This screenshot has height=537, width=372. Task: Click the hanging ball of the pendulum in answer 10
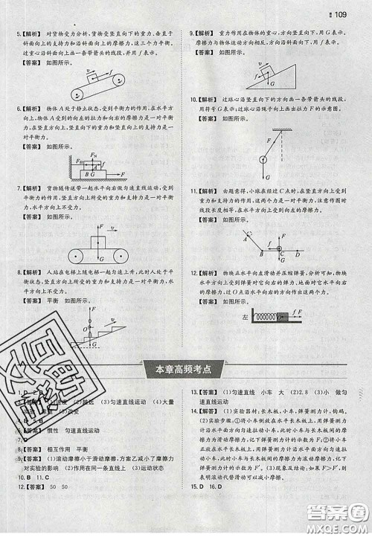pos(262,158)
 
